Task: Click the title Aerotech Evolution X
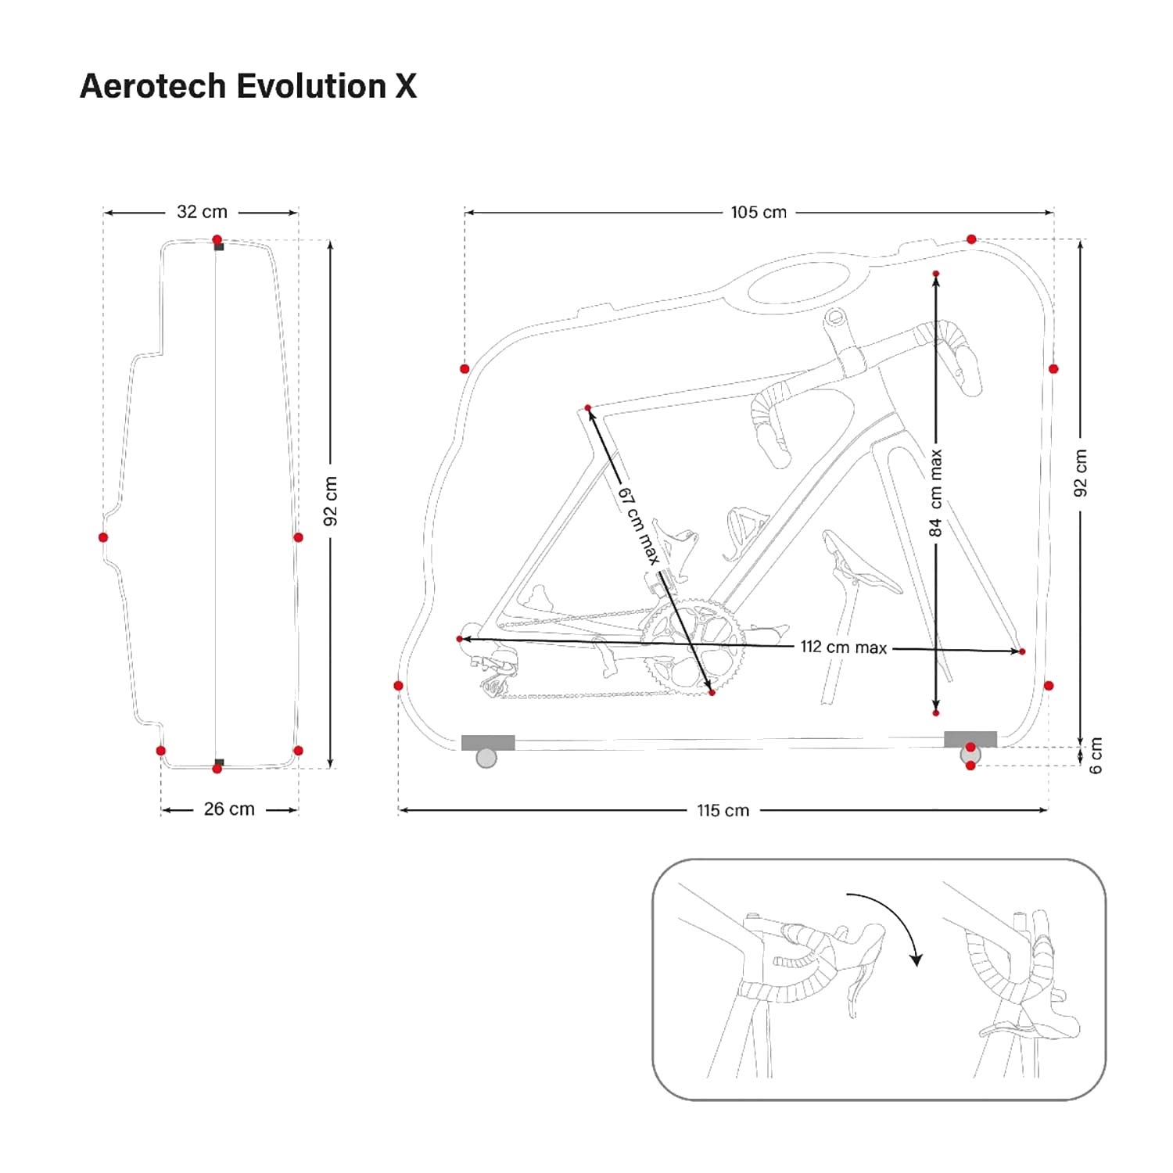[x=248, y=86]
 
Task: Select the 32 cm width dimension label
[x=202, y=212]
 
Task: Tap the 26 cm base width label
[x=229, y=809]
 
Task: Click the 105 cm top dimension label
[x=758, y=212]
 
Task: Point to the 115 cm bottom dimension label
[x=723, y=810]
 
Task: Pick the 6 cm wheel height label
[x=1096, y=755]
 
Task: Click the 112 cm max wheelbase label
[x=843, y=647]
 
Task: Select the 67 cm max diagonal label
[x=640, y=526]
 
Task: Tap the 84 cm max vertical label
[x=935, y=493]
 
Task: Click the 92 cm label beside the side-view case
[x=331, y=500]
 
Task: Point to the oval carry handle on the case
[x=798, y=284]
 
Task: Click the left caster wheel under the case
[x=486, y=758]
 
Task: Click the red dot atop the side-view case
[x=217, y=240]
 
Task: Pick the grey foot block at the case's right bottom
[x=970, y=739]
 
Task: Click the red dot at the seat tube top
[x=588, y=407]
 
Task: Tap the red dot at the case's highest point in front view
[x=971, y=239]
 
